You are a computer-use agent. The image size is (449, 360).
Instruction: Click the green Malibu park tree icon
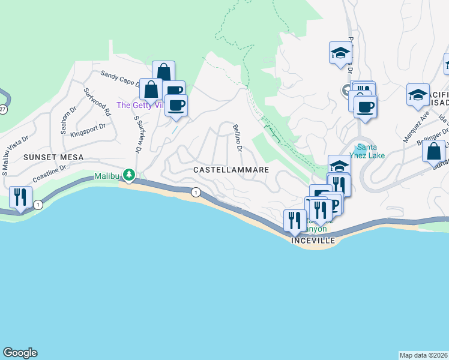[128, 175]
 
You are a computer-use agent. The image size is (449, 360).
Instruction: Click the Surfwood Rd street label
[97, 102]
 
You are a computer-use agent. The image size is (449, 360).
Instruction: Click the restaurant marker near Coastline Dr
[21, 197]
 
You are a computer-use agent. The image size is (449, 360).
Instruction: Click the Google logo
[20, 353]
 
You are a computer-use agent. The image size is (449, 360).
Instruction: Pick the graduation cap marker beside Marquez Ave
[418, 95]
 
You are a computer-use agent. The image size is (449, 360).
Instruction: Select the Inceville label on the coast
[312, 240]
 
